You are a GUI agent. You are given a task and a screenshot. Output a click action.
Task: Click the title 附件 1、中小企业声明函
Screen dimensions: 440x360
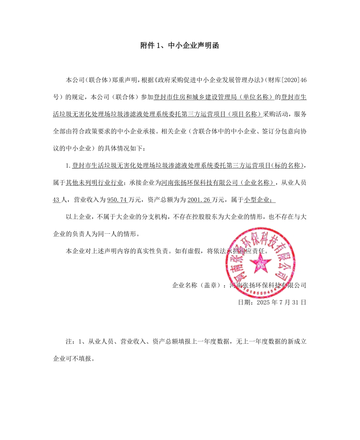click(x=180, y=46)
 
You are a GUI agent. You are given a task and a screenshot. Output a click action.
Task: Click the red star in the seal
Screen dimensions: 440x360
click(x=260, y=263)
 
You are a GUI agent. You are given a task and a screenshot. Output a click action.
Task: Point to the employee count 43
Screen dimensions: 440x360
click(x=57, y=200)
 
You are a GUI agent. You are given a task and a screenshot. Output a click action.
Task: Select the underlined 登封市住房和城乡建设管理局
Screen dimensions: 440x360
click(x=192, y=97)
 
